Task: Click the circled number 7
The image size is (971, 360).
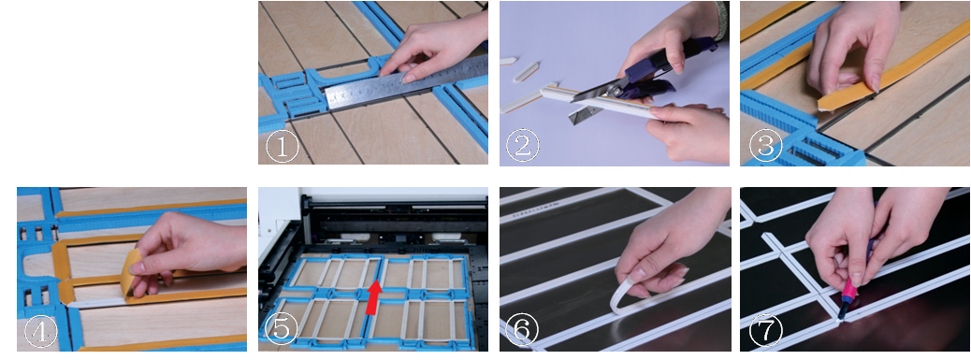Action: [760, 331]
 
